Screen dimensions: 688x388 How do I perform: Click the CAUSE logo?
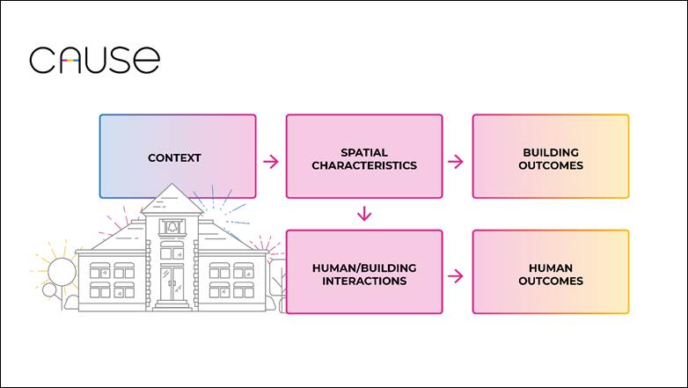(x=95, y=60)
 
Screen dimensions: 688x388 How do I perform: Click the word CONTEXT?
(x=174, y=158)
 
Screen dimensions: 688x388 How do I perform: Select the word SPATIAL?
(x=364, y=152)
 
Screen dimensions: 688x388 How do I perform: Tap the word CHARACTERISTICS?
(x=364, y=165)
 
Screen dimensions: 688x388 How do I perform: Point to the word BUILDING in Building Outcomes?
(x=551, y=152)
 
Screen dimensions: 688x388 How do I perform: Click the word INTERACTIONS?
(x=364, y=281)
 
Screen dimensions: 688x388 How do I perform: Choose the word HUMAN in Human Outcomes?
(x=551, y=267)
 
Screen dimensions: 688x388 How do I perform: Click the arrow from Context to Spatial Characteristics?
(x=271, y=162)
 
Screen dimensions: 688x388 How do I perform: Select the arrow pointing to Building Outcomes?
(x=456, y=162)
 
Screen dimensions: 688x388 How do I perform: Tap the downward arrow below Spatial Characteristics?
(x=364, y=214)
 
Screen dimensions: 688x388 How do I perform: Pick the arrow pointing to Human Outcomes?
(x=456, y=276)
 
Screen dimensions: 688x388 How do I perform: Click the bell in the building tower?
(x=172, y=226)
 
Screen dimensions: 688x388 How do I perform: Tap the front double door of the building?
(x=172, y=283)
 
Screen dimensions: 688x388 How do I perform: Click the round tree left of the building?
(x=62, y=272)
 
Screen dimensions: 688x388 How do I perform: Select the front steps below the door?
(x=172, y=305)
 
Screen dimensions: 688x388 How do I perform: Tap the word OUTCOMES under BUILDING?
(x=551, y=165)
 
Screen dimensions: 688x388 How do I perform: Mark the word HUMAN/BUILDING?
(x=364, y=267)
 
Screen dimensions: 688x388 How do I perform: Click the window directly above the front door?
(x=172, y=250)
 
